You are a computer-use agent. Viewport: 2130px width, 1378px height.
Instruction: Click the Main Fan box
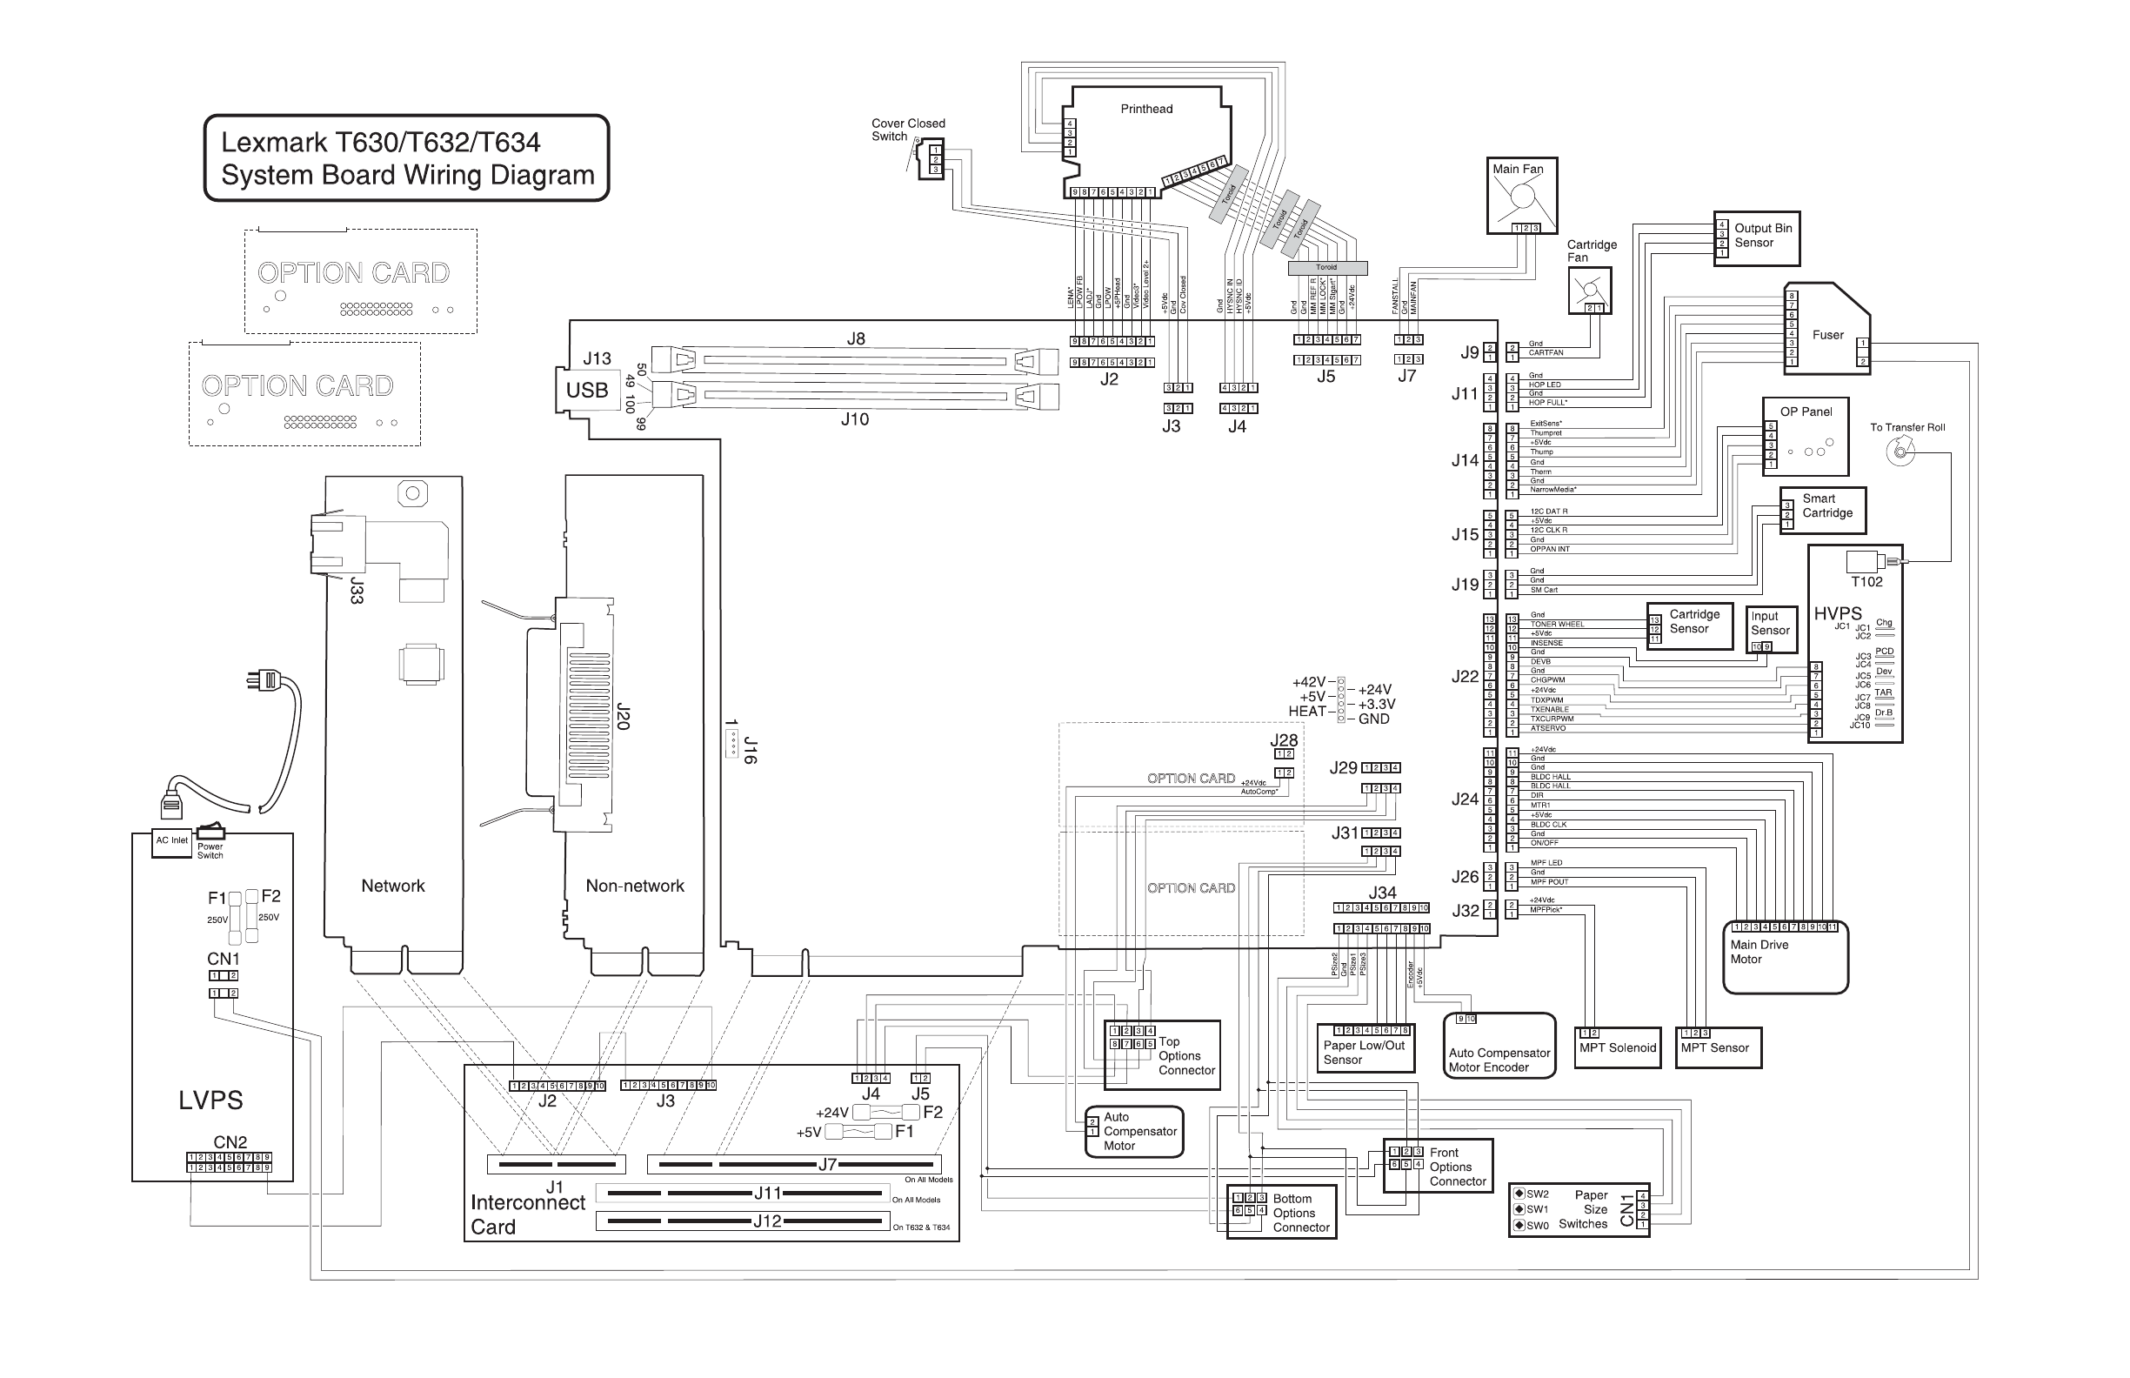coord(1521,196)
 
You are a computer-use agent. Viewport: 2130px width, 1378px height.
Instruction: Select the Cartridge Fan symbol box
coord(1590,291)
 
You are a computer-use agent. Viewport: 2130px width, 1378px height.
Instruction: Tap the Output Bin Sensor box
coord(1756,238)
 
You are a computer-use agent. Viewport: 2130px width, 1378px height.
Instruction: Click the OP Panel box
coord(1806,436)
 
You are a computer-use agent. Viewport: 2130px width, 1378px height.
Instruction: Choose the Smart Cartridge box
coord(1822,510)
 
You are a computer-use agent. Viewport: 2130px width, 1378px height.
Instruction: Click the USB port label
coord(587,390)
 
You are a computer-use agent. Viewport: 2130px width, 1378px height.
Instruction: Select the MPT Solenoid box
coord(1619,1047)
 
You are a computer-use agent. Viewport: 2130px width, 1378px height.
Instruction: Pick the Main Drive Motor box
coord(1785,957)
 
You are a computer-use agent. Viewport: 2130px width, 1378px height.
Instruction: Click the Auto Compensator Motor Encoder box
coord(1499,1045)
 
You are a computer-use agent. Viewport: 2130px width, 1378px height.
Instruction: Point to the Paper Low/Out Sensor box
coord(1365,1047)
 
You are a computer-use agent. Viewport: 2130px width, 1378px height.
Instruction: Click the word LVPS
coord(210,1100)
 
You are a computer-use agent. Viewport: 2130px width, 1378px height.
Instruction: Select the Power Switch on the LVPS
coord(211,832)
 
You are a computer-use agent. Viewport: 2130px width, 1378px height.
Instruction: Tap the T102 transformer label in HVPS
coord(1866,583)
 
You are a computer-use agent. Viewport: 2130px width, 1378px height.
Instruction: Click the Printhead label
coord(1146,109)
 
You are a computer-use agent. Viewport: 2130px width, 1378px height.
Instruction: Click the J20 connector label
coord(624,716)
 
